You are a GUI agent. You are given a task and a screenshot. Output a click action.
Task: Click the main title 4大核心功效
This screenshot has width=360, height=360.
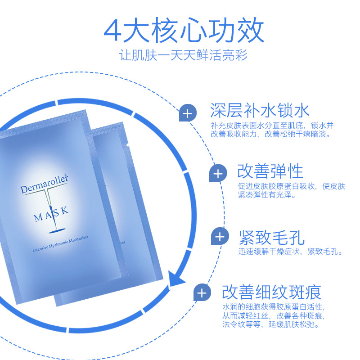coord(184,30)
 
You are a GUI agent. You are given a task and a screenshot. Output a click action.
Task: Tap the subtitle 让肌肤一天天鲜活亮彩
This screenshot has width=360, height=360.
coord(183,55)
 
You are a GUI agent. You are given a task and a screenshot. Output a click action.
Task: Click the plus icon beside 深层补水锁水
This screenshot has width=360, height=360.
coord(188,113)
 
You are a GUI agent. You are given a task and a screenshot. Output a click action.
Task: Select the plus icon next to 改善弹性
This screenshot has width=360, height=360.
coord(218,173)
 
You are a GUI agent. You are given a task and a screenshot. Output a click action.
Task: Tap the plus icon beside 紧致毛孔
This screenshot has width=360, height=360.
coord(220,236)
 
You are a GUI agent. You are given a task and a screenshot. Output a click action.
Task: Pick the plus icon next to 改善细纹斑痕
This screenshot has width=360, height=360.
coord(202,292)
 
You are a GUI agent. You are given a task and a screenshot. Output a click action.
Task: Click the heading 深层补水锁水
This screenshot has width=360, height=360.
coord(260,110)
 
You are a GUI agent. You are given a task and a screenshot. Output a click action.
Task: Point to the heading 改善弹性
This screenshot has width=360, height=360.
coord(270,171)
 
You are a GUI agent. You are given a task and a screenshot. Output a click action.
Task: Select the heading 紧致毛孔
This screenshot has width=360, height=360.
coord(272,238)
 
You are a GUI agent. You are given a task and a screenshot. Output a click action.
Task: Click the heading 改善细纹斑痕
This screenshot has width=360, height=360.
coord(272,292)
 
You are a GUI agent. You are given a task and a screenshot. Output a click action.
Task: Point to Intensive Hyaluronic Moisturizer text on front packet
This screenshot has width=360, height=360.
coord(60,243)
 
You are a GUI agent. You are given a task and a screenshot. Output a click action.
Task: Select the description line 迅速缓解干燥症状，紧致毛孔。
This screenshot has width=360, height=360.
coord(290,252)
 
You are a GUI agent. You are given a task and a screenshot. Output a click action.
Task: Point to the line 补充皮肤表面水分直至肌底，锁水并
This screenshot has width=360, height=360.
coord(272,126)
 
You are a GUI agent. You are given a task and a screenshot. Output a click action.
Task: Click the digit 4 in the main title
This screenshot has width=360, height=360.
coord(112,31)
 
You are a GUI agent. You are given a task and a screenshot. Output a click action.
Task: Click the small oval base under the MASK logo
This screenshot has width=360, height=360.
coord(57,231)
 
